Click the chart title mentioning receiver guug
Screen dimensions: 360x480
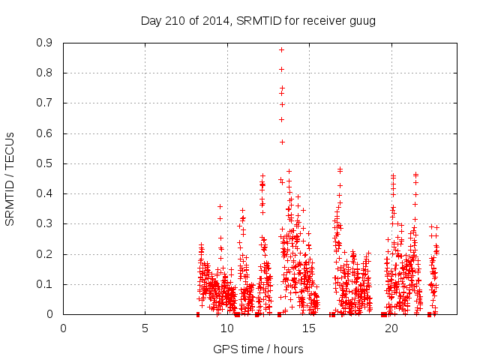coord(258,20)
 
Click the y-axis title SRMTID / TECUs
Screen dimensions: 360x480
coord(10,178)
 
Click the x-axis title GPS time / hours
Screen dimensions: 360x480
coord(258,349)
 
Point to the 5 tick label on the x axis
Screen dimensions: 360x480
coord(145,328)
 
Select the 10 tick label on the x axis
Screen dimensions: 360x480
coord(226,328)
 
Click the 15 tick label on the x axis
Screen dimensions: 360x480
coord(308,328)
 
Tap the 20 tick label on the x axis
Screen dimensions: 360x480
coord(390,328)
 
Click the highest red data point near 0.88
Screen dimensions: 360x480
coord(282,49)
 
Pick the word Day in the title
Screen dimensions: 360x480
coord(151,20)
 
